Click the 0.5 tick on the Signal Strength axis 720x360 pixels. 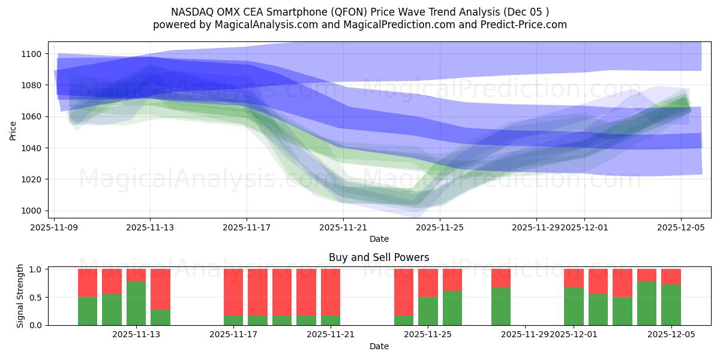pos(35,297)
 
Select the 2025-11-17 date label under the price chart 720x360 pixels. pos(247,228)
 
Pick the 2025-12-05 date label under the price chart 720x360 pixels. pos(680,228)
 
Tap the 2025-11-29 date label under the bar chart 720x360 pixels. pos(524,335)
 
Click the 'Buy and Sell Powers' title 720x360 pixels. pos(379,257)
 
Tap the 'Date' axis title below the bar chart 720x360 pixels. pos(379,346)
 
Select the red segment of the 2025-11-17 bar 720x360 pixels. pos(233,292)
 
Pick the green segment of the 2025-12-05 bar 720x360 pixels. pos(671,305)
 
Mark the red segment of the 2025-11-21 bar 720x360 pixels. pos(331,292)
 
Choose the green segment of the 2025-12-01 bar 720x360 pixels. pos(574,306)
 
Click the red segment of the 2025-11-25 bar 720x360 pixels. pos(428,283)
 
